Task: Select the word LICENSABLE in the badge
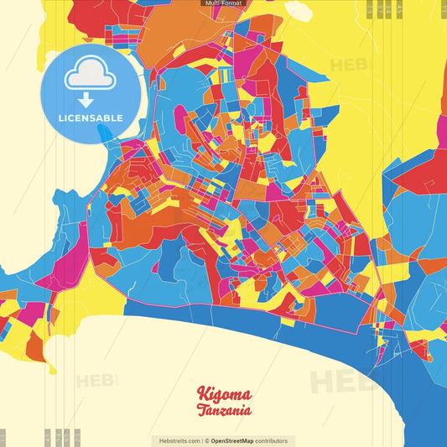click(91, 118)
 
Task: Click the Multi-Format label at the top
click(223, 3)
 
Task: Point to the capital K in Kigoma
click(203, 392)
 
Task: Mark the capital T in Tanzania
click(202, 410)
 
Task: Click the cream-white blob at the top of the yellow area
click(298, 9)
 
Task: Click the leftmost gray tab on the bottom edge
click(3, 437)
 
